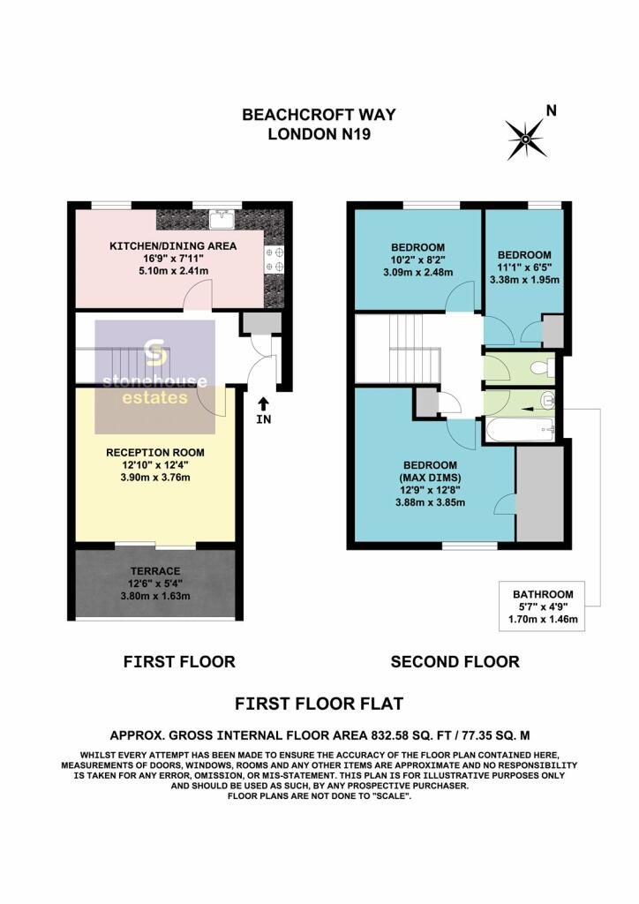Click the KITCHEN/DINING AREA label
[x=172, y=245]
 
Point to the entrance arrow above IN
[x=263, y=403]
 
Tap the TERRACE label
[x=155, y=571]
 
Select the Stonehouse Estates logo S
[x=155, y=353]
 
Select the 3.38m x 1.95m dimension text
[x=524, y=280]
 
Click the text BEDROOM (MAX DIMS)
[x=430, y=471]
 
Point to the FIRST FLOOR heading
[x=179, y=661]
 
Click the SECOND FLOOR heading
[x=455, y=661]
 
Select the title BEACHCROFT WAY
[x=319, y=115]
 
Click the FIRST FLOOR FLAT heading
[x=319, y=704]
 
